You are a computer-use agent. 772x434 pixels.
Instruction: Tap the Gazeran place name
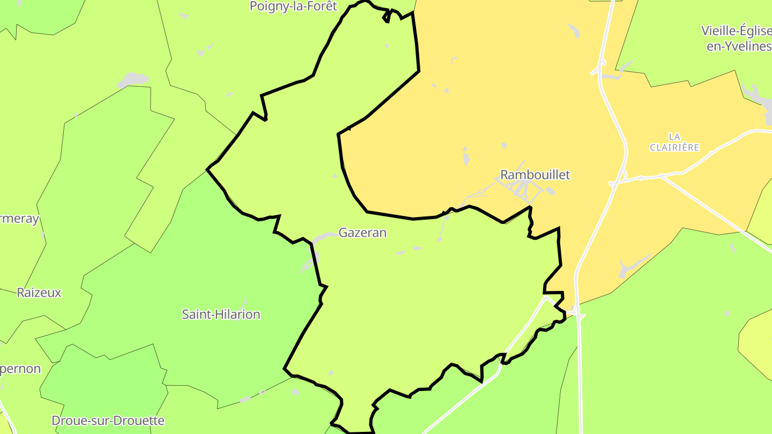pos(362,233)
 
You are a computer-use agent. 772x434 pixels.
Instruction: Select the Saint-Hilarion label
pos(221,315)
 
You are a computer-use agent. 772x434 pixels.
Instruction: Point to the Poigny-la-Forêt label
pos(293,6)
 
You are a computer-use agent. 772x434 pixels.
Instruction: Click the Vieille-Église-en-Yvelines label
pos(736,38)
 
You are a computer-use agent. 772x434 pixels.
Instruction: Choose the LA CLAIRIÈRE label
pos(674,142)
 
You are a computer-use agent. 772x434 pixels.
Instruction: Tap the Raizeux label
pos(39,293)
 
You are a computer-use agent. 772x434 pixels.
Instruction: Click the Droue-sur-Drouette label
pos(108,421)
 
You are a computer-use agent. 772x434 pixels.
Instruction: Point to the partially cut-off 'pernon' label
pos(20,369)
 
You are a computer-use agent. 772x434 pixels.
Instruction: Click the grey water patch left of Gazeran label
pos(324,236)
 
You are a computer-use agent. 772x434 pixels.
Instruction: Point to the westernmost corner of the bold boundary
pos(207,169)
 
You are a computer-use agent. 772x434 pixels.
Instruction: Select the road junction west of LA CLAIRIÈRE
pos(622,176)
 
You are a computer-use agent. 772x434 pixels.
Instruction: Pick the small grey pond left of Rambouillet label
pos(466,158)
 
